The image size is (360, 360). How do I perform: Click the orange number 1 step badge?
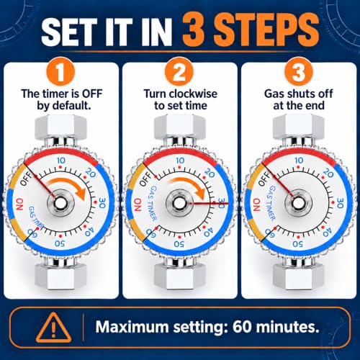tap(60, 71)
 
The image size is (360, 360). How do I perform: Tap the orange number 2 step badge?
tap(179, 71)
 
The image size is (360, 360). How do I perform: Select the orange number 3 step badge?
tap(299, 71)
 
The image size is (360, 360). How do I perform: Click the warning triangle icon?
tap(53, 327)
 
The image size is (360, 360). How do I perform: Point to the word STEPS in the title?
tap(251, 30)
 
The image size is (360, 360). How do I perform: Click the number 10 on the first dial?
tap(61, 161)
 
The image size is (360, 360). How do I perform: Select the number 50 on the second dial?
tap(179, 244)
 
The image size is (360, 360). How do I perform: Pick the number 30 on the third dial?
tap(340, 202)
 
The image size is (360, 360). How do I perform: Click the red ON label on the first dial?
tap(20, 204)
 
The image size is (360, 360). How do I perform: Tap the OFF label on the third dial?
tap(264, 179)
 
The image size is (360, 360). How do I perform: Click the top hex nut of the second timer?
tap(179, 127)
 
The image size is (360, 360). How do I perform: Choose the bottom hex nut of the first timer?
tap(60, 276)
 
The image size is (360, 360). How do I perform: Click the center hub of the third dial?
tap(299, 203)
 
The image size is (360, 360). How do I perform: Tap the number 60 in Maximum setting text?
tap(242, 327)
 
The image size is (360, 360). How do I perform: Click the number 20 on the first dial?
tap(90, 173)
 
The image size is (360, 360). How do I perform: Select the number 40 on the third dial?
tap(328, 232)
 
